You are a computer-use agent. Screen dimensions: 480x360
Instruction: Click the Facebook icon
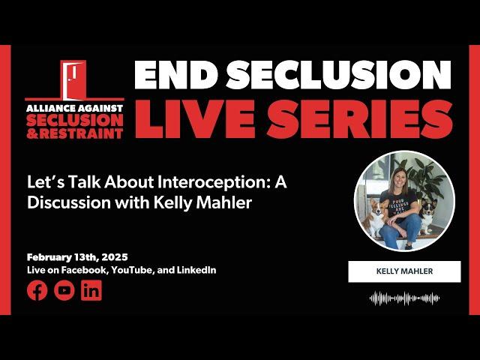tap(37, 290)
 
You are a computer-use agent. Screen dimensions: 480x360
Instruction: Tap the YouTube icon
tap(64, 290)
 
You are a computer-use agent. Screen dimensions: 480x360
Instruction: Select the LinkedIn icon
tap(91, 290)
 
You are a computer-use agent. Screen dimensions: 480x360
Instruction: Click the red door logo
tap(73, 79)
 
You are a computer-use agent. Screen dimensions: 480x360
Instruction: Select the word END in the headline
tap(174, 75)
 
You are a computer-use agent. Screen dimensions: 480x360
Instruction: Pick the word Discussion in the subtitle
tap(69, 202)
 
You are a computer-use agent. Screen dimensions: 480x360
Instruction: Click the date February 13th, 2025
tap(77, 257)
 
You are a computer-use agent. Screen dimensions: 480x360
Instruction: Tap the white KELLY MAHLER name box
tap(404, 271)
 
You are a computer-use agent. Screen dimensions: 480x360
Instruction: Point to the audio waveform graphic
tap(404, 298)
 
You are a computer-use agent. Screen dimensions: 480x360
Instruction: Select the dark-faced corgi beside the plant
tap(427, 215)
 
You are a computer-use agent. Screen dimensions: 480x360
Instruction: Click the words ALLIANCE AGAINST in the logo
tap(74, 108)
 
